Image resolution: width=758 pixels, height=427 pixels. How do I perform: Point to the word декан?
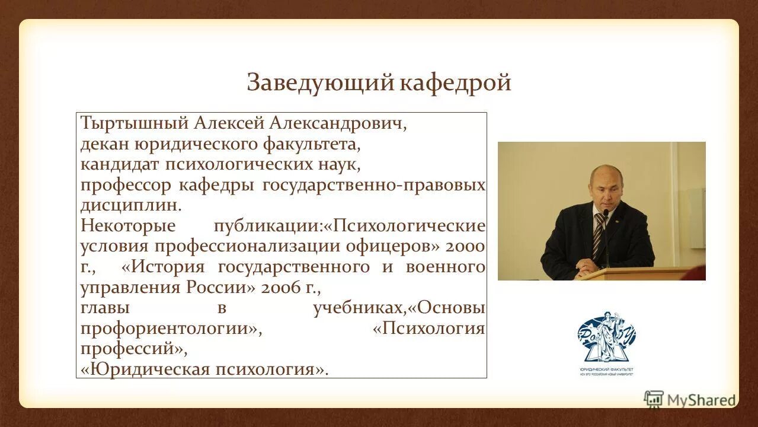click(104, 144)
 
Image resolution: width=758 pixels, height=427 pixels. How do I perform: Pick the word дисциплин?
click(128, 205)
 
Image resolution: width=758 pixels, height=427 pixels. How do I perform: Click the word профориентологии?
click(168, 329)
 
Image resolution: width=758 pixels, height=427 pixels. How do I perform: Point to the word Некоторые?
click(128, 226)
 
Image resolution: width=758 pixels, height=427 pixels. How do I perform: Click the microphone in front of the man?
click(606, 215)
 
